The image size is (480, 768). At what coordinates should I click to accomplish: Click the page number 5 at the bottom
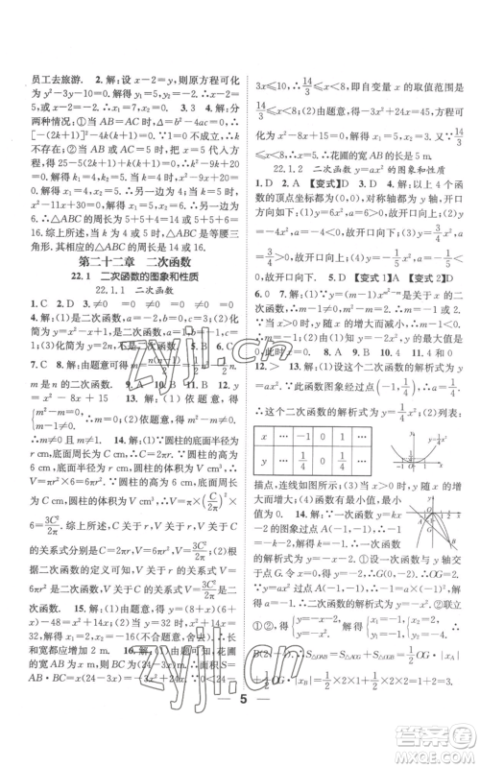tap(240, 727)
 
